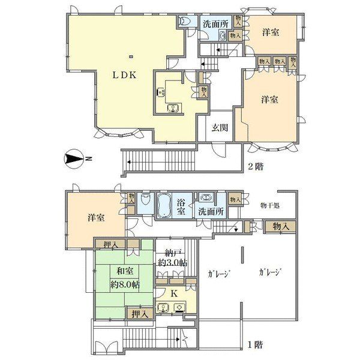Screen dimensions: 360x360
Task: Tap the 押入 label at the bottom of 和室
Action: coord(139,313)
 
